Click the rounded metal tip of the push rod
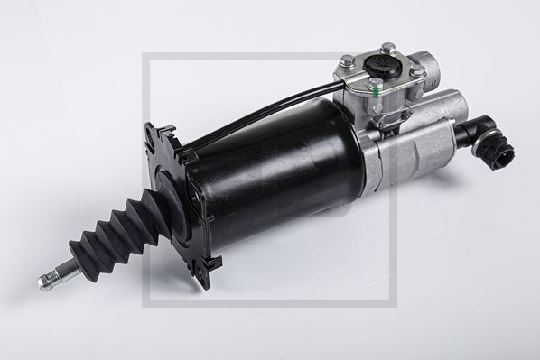tap(44, 283)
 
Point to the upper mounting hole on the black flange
tap(152, 135)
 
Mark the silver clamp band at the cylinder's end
tap(358, 159)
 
